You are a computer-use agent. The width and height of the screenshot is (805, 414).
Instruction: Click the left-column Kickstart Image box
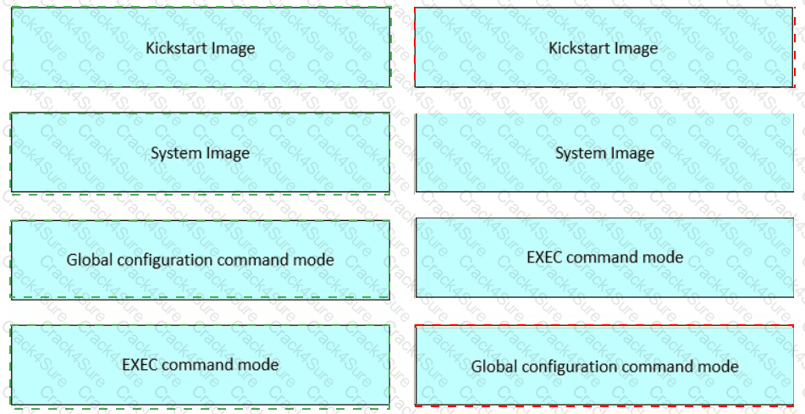pos(201,47)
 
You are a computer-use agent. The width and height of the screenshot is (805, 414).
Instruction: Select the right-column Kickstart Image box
pos(604,47)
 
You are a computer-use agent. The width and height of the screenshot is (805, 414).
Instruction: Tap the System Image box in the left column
pos(201,152)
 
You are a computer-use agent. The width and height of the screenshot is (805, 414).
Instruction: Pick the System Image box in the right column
pos(604,152)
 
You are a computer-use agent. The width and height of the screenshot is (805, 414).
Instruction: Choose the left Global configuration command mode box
pos(201,259)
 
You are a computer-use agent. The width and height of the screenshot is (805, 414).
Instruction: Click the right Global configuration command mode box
pos(604,366)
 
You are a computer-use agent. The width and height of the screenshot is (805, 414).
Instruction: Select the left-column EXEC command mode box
pos(201,364)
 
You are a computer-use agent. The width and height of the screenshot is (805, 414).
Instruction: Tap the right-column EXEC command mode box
pos(604,257)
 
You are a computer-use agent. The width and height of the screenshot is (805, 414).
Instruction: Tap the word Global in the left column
pos(88,260)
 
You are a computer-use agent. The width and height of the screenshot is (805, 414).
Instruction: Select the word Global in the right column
pos(493,367)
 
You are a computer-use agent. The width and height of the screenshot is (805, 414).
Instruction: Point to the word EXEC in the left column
pos(139,365)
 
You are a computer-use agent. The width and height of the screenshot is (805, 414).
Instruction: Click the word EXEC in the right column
pos(543,257)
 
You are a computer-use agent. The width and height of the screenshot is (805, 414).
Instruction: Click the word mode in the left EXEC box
pos(260,365)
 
